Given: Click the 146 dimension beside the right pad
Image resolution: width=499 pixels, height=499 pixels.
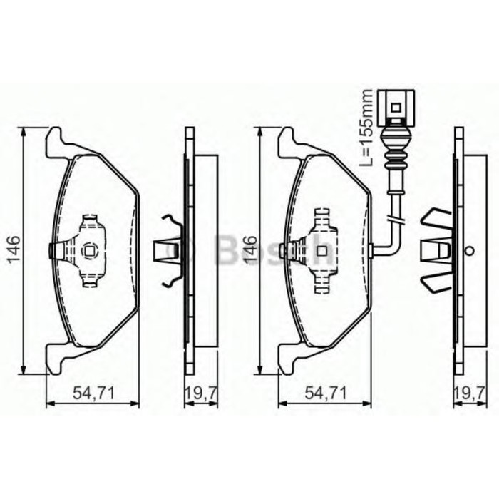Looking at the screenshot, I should click(x=250, y=249).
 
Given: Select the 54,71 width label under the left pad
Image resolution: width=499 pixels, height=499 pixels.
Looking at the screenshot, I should click(x=91, y=391).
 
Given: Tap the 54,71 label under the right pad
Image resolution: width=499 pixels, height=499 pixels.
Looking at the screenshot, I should click(x=324, y=391).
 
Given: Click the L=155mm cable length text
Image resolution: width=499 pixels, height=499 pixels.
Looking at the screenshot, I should click(x=366, y=128).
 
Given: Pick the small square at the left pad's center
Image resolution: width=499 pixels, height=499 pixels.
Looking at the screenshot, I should click(x=90, y=250).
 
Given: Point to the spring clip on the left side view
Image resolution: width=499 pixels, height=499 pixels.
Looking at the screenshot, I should click(x=168, y=250).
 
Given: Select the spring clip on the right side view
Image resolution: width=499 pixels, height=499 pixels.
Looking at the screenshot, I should click(x=436, y=250).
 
